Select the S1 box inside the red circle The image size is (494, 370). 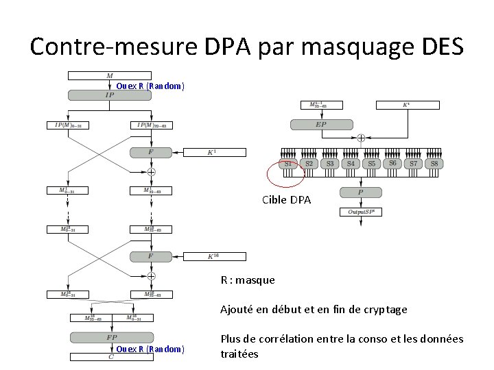[288, 164]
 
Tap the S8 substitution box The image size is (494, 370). [434, 164]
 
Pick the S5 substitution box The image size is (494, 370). [371, 164]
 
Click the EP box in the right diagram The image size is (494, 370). [320, 125]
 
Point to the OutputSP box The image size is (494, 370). [361, 212]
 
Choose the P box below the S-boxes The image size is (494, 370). [361, 193]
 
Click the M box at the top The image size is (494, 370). [110, 75]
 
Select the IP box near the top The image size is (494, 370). [110, 95]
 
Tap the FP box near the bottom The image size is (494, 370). [110, 337]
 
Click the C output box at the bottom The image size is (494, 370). [110, 356]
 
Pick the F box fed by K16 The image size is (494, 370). [151, 256]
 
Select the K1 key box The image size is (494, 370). [212, 151]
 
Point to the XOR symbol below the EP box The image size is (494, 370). [360, 138]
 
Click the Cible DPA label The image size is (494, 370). [286, 200]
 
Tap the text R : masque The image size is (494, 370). [247, 280]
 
